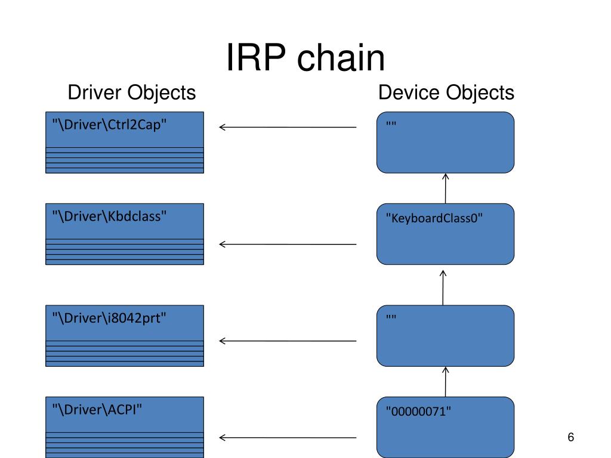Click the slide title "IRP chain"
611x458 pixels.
click(305, 58)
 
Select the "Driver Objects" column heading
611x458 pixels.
click(132, 92)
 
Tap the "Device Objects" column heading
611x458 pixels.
click(446, 92)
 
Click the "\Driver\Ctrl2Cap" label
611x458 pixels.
click(110, 125)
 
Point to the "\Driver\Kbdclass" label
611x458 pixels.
click(110, 216)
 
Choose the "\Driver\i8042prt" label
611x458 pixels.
click(109, 318)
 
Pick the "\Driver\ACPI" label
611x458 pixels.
click(97, 410)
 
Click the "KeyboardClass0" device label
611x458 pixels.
click(434, 218)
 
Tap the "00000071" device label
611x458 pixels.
click(418, 411)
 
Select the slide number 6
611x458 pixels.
click(571, 437)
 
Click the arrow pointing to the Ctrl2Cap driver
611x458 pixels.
click(288, 127)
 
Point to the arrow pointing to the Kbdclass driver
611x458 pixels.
click(288, 244)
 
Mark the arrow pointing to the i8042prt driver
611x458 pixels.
click(288, 341)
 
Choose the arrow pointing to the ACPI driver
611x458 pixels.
click(288, 438)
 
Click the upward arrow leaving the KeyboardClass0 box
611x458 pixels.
click(445, 188)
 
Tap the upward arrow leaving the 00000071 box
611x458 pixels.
click(445, 382)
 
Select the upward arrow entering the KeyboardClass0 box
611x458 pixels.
click(443, 288)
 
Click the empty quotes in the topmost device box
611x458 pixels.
click(391, 124)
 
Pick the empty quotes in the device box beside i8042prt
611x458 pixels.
click(391, 317)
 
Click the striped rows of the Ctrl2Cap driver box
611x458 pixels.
click(125, 160)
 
